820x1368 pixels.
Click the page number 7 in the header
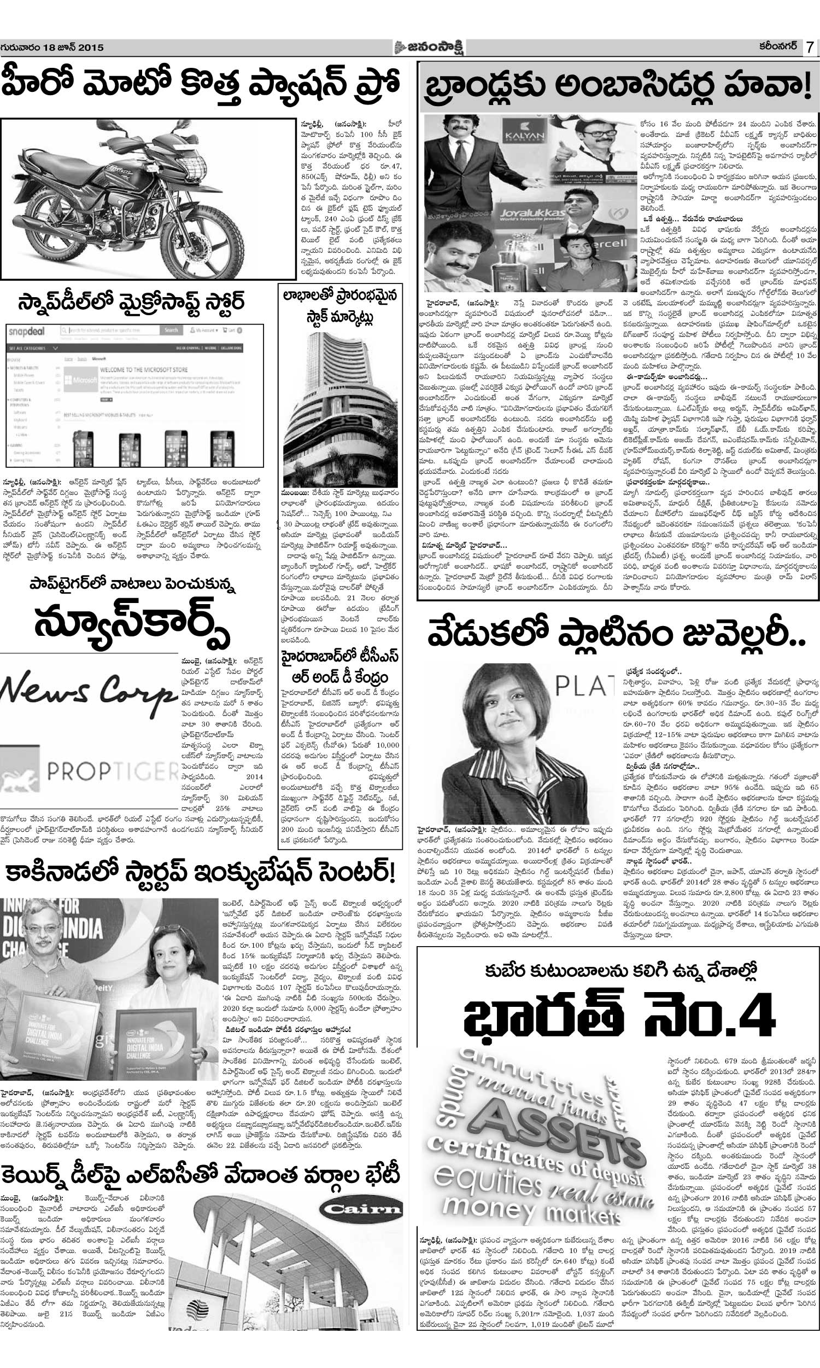pyautogui.click(x=809, y=48)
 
